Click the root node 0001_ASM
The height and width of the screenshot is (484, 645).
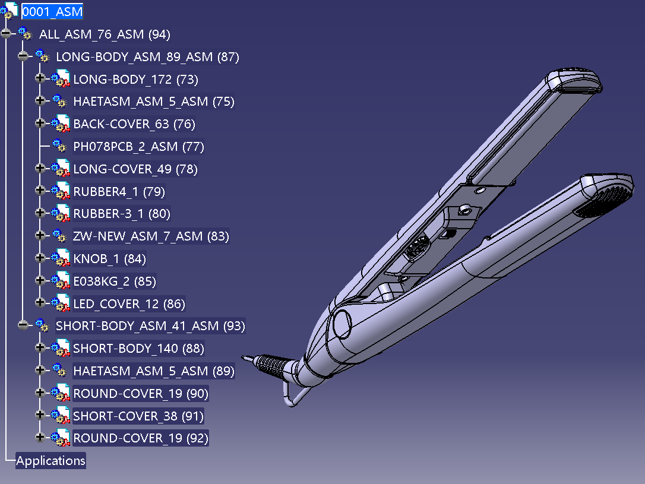(52, 11)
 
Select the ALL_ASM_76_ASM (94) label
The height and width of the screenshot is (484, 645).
(105, 34)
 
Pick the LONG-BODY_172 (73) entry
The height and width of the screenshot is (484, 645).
(136, 79)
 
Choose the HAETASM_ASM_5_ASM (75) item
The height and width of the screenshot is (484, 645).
(153, 102)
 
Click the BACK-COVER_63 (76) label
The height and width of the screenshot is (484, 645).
(134, 124)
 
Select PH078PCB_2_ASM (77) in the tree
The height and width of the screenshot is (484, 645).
(138, 147)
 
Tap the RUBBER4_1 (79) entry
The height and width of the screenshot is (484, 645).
(119, 192)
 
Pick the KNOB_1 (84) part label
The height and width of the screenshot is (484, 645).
(109, 259)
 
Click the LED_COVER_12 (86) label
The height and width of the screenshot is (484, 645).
(129, 304)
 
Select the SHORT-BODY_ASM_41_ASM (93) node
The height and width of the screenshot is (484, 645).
(150, 326)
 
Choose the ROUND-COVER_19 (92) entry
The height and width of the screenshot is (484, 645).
(141, 438)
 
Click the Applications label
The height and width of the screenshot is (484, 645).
(50, 461)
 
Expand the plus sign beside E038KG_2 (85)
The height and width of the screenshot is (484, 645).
(40, 280)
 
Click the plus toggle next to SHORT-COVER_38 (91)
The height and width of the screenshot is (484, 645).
(40, 415)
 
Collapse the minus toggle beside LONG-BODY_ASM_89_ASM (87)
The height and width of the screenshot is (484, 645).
(23, 56)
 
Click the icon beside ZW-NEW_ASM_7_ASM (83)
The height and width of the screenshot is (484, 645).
(59, 236)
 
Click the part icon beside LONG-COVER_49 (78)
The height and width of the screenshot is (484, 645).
(61, 169)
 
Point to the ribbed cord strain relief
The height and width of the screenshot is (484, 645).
(271, 365)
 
